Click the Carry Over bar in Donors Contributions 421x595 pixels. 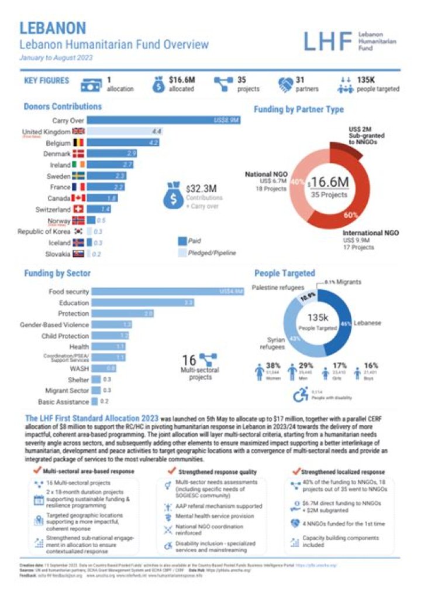pyautogui.click(x=164, y=120)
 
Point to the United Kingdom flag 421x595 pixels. pyautogui.click(x=78, y=132)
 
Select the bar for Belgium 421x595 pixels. pyautogui.click(x=123, y=142)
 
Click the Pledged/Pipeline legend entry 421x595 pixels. pyautogui.click(x=215, y=253)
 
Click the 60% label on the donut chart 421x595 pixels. pyautogui.click(x=351, y=216)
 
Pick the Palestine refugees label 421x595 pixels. pyautogui.click(x=278, y=288)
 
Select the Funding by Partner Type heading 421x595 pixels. pyautogui.click(x=298, y=109)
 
